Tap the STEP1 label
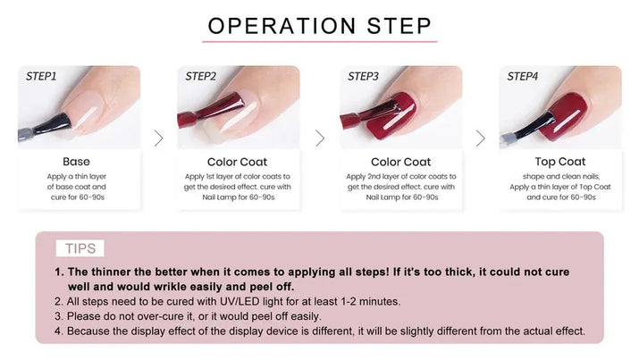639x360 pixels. click(x=41, y=77)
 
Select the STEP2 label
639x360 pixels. click(x=201, y=77)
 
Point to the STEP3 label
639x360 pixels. click(x=363, y=77)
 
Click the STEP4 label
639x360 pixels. click(x=523, y=77)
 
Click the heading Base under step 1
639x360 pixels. click(x=77, y=162)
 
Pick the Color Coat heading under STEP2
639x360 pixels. click(x=237, y=162)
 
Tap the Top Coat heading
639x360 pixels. click(x=559, y=162)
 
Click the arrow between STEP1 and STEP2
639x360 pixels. click(x=158, y=138)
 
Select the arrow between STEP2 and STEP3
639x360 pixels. click(x=319, y=138)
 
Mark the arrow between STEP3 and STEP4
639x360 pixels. click(x=480, y=138)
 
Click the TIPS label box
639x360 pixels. click(x=80, y=248)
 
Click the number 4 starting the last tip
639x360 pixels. click(x=58, y=331)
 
